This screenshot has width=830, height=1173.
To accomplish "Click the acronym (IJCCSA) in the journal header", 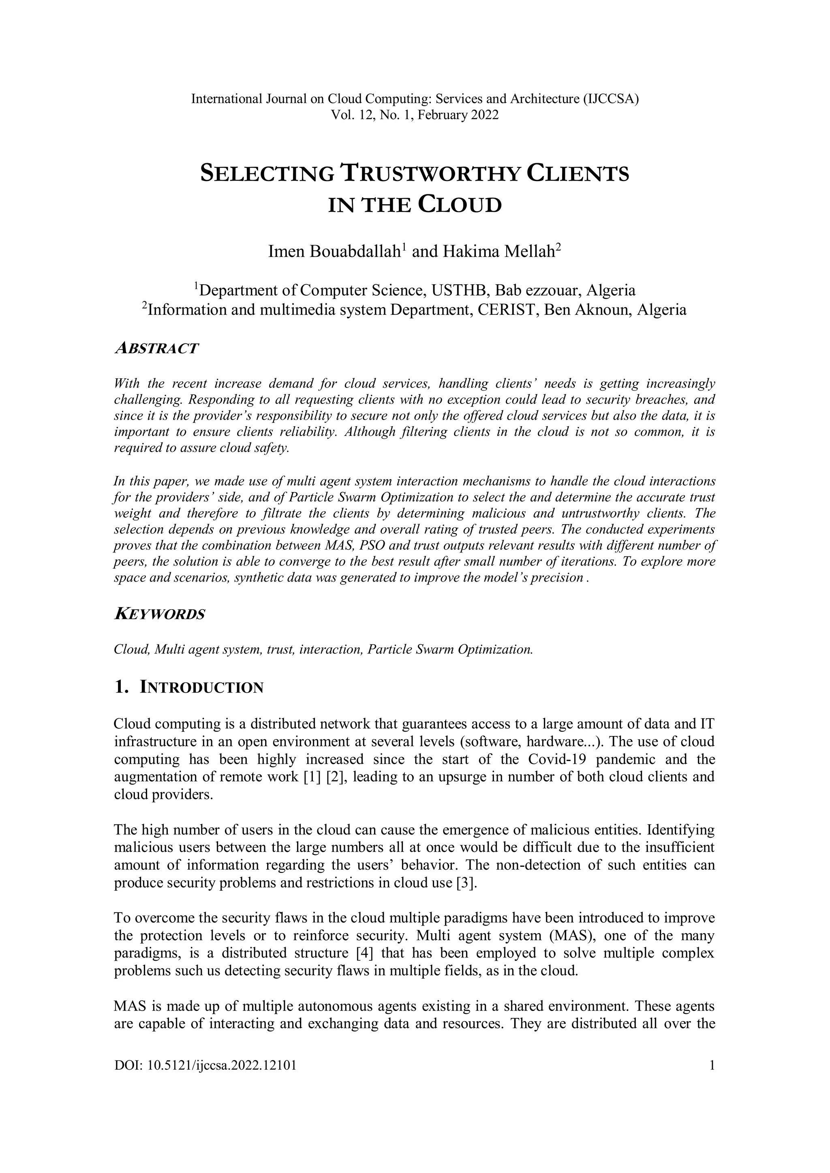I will click(x=611, y=99).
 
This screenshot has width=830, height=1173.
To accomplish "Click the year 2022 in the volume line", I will click(x=485, y=115).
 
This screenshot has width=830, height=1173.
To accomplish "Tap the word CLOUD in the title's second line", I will click(x=460, y=205).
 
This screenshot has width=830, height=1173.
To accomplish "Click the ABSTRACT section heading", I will click(x=156, y=348).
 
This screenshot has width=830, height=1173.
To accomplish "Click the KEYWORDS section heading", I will click(x=159, y=614).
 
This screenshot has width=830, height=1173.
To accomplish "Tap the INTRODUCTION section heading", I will click(x=201, y=688).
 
